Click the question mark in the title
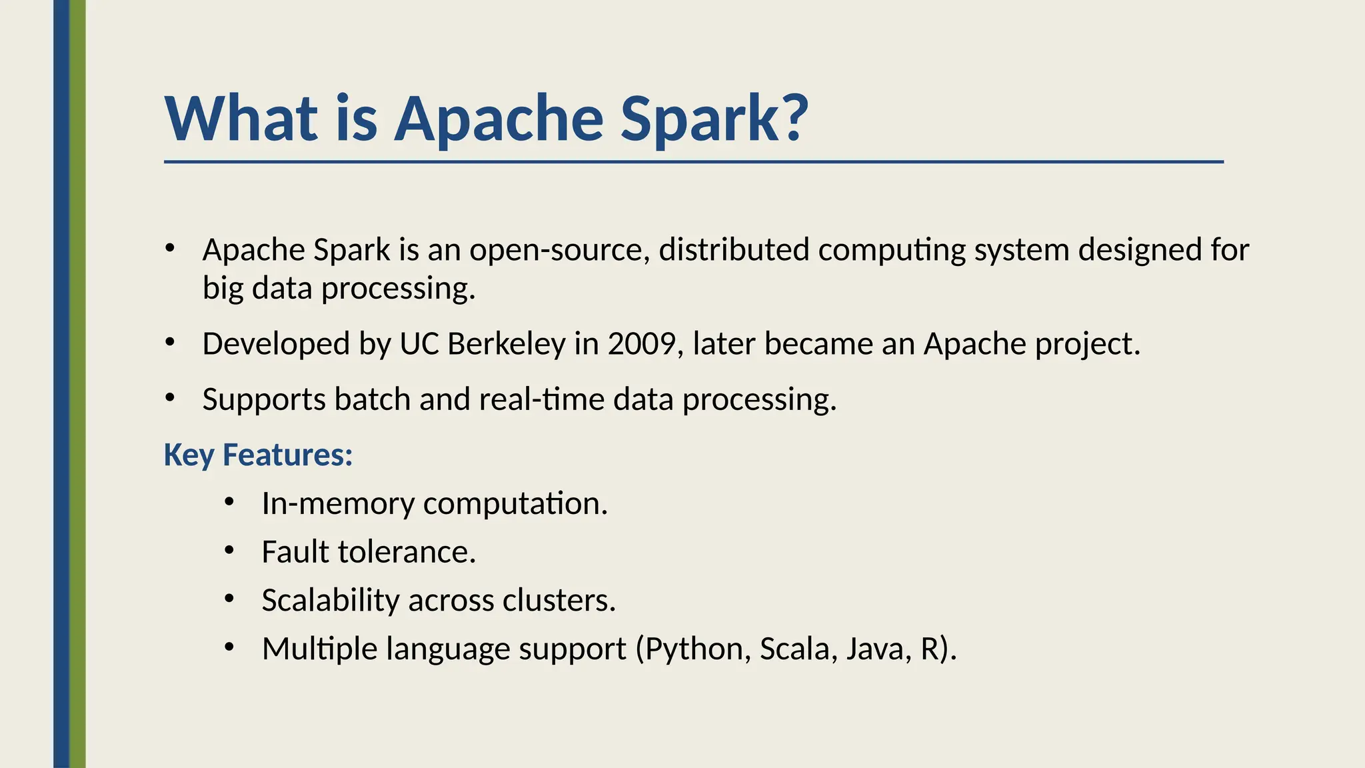792,118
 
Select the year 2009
641,344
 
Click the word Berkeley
507,344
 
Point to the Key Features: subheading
258,455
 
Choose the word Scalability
330,600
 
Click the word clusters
559,600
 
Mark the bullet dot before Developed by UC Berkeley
170,343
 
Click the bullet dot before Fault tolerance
229,551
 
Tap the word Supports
264,399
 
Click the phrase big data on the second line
257,289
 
